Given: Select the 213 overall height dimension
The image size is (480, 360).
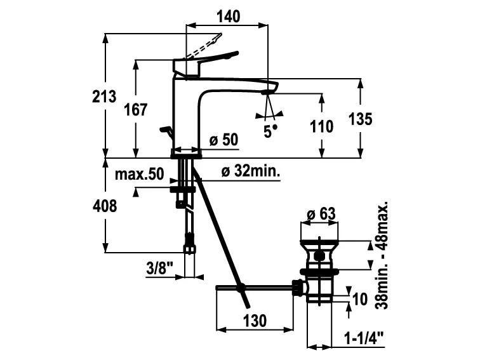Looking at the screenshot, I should click(x=104, y=97).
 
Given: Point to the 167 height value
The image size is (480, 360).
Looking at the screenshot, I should click(x=135, y=109).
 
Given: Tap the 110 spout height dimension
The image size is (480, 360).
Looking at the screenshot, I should click(x=322, y=126).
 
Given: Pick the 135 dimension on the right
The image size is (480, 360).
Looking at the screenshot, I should click(x=360, y=119).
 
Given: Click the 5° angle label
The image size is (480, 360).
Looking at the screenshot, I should click(x=271, y=131).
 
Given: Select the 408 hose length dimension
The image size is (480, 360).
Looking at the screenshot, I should click(x=105, y=206).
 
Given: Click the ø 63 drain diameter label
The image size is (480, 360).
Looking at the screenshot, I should click(x=321, y=214).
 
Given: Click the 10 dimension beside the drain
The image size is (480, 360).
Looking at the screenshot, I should click(x=360, y=298).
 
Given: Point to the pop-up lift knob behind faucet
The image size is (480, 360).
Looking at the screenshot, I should click(x=166, y=131).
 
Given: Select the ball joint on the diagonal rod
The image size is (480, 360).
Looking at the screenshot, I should click(x=241, y=288).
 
